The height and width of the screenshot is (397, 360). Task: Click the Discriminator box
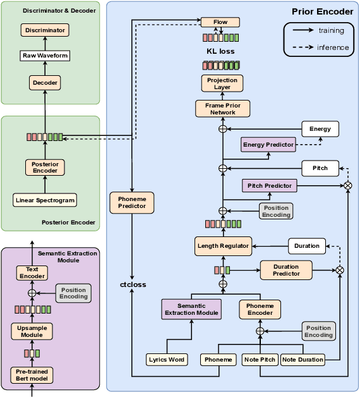45,30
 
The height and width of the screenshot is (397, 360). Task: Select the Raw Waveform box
45,56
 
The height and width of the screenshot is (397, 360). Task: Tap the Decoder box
45,82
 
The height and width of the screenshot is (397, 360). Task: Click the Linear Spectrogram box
45,200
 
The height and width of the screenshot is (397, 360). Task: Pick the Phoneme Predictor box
132,202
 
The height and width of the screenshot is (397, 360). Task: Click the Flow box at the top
220,22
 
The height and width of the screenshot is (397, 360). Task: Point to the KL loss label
220,51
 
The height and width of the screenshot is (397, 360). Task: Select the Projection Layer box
222,83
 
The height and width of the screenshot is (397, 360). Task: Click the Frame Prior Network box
222,109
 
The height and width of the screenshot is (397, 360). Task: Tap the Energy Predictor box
268,145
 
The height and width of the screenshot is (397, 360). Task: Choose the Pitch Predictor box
269,186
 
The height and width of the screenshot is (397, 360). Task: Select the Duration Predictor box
286,270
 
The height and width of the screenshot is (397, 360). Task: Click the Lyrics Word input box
167,360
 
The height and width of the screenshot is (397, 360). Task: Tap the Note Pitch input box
260,360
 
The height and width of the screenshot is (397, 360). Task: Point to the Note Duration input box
303,360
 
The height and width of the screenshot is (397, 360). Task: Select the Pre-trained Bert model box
32,375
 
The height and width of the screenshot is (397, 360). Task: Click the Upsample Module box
32,331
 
